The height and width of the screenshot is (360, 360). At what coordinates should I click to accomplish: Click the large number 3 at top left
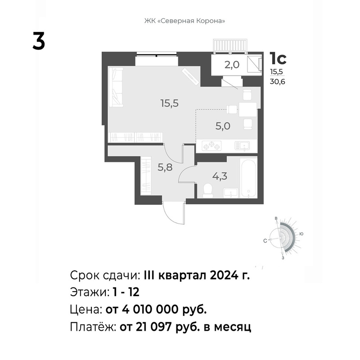[39, 41]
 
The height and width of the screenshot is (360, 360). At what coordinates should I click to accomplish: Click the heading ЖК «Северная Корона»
[184, 21]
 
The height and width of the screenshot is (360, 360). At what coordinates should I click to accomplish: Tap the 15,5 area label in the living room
[170, 103]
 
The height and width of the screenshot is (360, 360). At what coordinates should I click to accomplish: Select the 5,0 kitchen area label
[223, 126]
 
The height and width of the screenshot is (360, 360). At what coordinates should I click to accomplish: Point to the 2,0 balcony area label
[232, 65]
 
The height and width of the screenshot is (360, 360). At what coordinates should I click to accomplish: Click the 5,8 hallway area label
[165, 167]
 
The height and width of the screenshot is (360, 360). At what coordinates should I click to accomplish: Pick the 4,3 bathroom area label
[220, 176]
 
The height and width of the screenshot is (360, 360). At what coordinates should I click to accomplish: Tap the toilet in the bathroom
[208, 190]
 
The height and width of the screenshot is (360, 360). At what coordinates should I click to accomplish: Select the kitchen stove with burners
[211, 145]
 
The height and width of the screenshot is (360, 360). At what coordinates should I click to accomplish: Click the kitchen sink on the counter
[243, 146]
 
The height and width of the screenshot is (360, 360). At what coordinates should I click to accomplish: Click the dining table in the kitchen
[248, 109]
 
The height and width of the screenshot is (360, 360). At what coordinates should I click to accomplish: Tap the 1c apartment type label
[278, 58]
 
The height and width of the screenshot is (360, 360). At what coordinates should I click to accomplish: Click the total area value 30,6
[277, 81]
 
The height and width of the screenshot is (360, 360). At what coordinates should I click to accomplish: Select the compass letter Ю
[301, 234]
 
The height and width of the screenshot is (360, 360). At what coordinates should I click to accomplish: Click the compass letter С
[265, 241]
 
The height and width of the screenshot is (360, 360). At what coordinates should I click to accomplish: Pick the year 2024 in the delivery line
[224, 275]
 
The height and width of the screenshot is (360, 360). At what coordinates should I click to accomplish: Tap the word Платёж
[93, 327]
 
